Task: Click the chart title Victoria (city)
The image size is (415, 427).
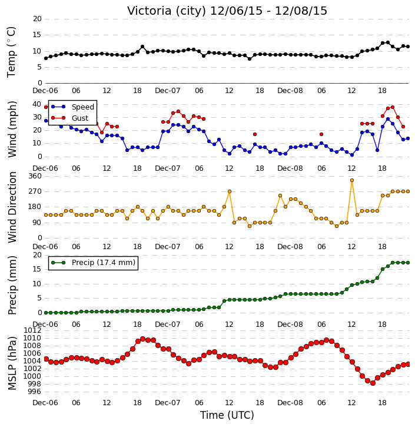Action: point(167,11)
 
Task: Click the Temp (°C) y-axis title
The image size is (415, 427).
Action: point(11,52)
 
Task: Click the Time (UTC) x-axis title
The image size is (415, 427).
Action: point(227,415)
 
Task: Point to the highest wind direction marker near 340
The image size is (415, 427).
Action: point(352,180)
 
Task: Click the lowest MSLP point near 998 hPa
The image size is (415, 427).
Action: point(373,383)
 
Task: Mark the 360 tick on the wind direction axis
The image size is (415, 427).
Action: point(35,176)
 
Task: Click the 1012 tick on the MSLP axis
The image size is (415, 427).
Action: point(32,330)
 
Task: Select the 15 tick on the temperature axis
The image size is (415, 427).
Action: point(37,35)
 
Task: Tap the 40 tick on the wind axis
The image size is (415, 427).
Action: point(36,104)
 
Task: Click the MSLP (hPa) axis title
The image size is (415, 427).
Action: point(12,363)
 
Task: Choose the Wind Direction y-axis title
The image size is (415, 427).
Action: point(12,207)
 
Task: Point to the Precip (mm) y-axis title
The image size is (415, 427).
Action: point(12,285)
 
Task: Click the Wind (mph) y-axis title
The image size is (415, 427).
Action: point(12,129)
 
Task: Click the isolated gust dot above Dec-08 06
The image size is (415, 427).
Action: point(321,134)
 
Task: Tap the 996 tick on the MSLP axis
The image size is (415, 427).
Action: point(35,392)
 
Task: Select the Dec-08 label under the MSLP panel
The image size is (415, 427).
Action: point(290,402)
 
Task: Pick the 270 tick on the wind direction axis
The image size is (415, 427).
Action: point(35,191)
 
